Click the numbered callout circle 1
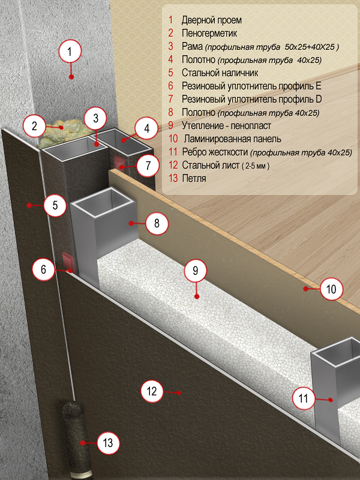[x=70, y=51]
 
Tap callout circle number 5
[x=55, y=205]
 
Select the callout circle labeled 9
[x=196, y=271]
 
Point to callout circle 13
[x=108, y=443]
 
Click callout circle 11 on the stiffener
[x=303, y=398]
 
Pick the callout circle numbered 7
[x=148, y=166]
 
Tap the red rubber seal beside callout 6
[x=68, y=261]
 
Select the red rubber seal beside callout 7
[x=119, y=161]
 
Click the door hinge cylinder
[x=75, y=439]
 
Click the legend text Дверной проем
[x=212, y=20]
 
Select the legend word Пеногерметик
[x=209, y=33]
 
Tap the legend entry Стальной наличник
[x=220, y=73]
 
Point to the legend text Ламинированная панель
[x=232, y=139]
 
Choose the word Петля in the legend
[x=194, y=178]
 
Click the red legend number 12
[x=173, y=165]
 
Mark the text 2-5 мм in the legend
[x=256, y=166]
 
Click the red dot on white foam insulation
[x=197, y=296]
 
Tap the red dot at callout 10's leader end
[x=305, y=289]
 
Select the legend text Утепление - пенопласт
[x=226, y=125]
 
